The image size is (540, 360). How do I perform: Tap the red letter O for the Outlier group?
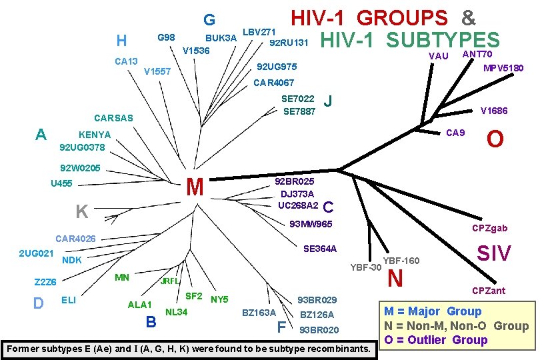pyautogui.click(x=495, y=139)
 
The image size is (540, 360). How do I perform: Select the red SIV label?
pyautogui.click(x=494, y=253)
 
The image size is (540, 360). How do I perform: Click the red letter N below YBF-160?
pyautogui.click(x=395, y=278)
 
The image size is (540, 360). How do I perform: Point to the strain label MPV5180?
pyautogui.click(x=503, y=68)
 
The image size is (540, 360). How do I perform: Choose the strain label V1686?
pyautogui.click(x=494, y=111)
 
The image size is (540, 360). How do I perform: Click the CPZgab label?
pyautogui.click(x=490, y=228)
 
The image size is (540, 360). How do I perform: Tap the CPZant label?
pyautogui.click(x=489, y=291)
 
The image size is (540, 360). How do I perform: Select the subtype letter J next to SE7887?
pyautogui.click(x=327, y=102)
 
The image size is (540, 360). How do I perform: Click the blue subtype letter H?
pyautogui.click(x=121, y=41)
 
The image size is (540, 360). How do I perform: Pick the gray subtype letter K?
pyautogui.click(x=82, y=212)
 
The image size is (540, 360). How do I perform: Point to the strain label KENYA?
pyautogui.click(x=95, y=134)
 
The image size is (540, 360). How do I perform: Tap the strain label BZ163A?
pyautogui.click(x=259, y=313)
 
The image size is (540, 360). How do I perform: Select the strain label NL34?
pyautogui.click(x=177, y=311)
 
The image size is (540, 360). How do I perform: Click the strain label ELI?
pyautogui.click(x=68, y=299)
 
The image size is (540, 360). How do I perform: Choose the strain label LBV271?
pyautogui.click(x=259, y=32)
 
